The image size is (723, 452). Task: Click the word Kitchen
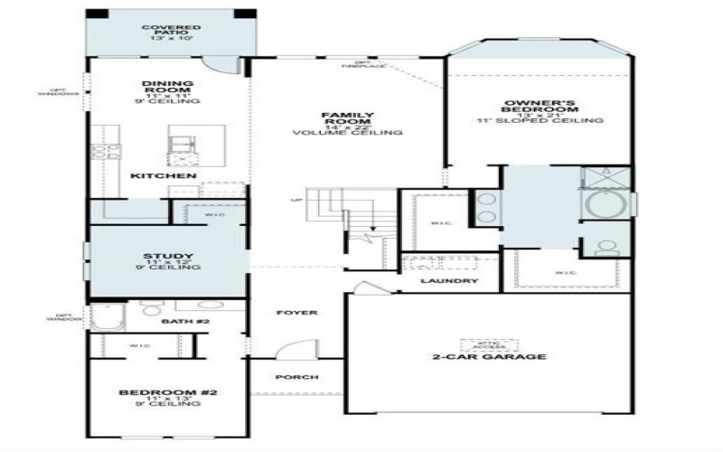click(x=164, y=174)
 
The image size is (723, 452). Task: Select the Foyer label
click(x=297, y=313)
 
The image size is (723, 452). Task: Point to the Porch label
click(x=297, y=377)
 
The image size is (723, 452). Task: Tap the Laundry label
click(x=448, y=281)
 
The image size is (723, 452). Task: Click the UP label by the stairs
click(x=296, y=200)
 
